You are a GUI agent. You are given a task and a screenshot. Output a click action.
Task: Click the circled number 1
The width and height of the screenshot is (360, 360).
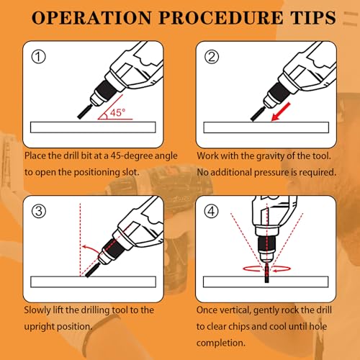[39, 57]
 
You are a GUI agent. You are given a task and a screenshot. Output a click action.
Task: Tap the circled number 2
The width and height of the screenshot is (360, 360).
[212, 57]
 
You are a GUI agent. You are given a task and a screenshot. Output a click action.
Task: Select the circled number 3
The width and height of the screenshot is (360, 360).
[39, 211]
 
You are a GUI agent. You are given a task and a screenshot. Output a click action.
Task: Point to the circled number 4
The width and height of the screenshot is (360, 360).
[211, 211]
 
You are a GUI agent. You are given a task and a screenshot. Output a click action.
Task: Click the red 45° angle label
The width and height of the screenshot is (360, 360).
[117, 112]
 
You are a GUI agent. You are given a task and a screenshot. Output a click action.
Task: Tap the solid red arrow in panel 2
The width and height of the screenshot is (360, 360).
[281, 112]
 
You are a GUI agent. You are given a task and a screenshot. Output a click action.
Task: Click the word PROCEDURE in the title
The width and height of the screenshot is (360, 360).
[221, 18]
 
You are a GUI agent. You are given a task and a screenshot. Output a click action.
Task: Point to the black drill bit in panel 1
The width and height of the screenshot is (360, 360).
[84, 112]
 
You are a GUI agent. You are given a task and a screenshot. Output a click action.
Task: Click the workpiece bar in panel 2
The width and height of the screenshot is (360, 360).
[266, 127]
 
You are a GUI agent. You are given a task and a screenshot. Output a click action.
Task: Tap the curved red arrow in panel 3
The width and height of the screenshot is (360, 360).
[91, 249]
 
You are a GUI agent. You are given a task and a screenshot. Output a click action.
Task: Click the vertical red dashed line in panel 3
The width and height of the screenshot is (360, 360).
[80, 240]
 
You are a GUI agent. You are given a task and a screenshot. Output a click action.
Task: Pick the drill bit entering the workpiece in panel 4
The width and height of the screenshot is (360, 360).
[266, 273]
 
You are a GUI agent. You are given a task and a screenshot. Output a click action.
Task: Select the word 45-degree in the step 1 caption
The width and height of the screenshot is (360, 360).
[132, 156]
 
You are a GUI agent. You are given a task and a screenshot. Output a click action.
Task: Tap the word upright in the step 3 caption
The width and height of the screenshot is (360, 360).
[40, 327]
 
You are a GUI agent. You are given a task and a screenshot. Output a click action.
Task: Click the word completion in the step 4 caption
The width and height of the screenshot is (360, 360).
[221, 343]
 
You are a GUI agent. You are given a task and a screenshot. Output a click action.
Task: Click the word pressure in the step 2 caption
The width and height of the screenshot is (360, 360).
[271, 173]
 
